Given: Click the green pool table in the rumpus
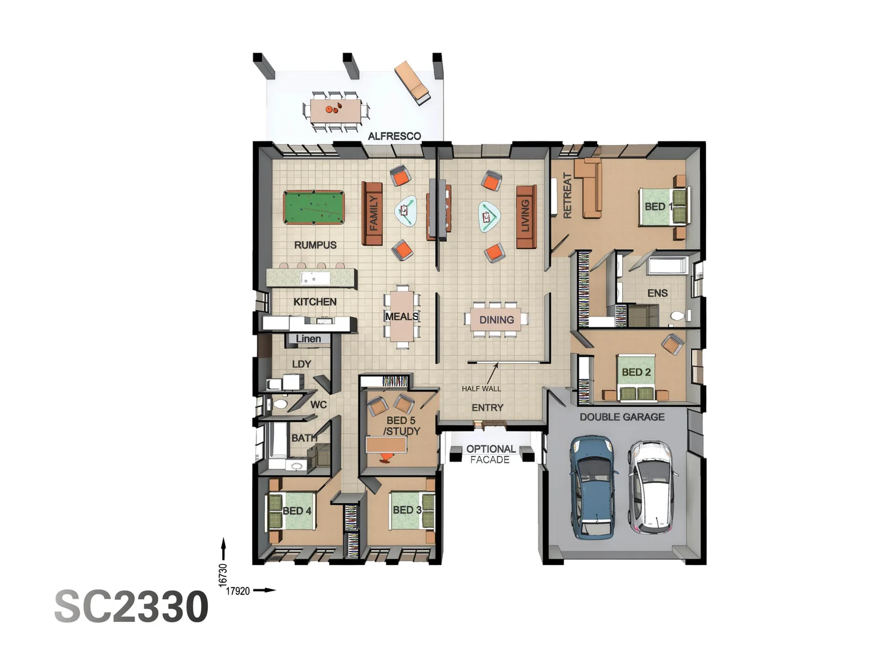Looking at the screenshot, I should click(313, 208).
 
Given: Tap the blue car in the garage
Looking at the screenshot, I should click(592, 487).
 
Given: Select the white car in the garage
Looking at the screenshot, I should click(653, 486).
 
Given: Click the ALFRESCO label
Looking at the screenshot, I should click(394, 136).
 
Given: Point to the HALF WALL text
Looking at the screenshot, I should click(481, 389).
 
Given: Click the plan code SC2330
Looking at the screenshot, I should click(132, 607).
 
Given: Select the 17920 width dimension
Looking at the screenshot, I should click(238, 591).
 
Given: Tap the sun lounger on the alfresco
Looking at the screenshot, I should click(412, 82).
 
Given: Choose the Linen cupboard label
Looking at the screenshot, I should click(308, 338).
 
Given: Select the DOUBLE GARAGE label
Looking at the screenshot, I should click(622, 417).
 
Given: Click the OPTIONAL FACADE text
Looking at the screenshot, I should click(490, 454).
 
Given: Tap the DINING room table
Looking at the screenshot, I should click(496, 319).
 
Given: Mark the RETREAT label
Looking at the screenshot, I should click(567, 195).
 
